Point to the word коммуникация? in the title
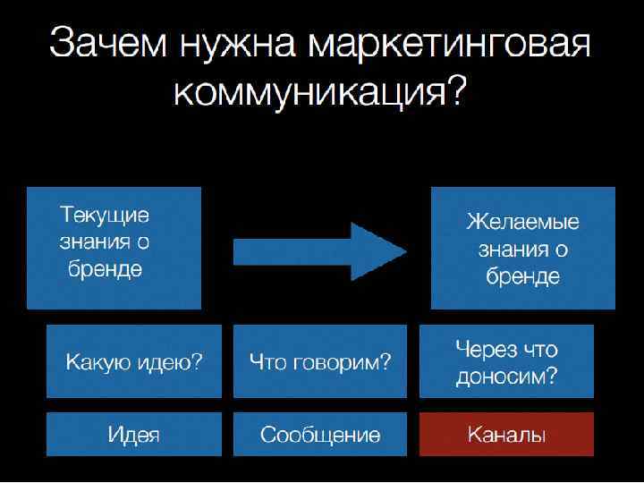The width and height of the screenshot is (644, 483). coord(320,92)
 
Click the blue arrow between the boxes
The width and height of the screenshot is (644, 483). coord(318,250)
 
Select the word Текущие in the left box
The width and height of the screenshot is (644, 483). coord(105,216)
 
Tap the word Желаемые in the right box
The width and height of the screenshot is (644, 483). coord(523,222)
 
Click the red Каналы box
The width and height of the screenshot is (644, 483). coord(506,435)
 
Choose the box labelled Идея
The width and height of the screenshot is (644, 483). coord(134,435)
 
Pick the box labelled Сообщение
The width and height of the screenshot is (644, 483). coord(320,435)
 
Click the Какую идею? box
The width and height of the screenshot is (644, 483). coord(134,361)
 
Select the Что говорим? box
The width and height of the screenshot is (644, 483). coord(320,361)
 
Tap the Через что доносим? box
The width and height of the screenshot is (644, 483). coord(506,361)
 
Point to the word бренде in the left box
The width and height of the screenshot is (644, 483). coord(105,269)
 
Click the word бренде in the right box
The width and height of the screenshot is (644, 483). coord(523,276)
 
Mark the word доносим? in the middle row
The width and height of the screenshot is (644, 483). coord(506,377)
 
